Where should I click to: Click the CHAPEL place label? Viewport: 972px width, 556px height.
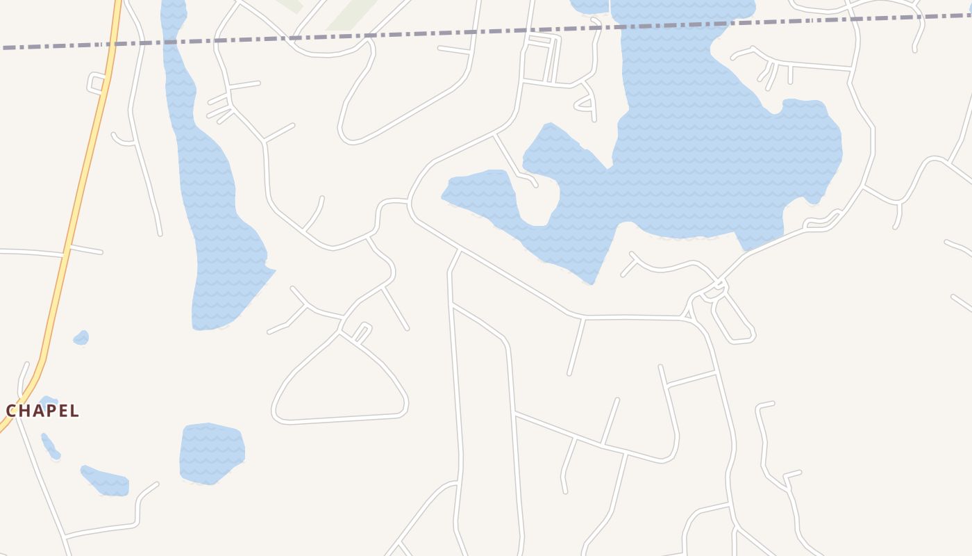[42, 411]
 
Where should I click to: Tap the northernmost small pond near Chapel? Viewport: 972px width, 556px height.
[81, 338]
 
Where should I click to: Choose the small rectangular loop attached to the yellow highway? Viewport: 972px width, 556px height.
[96, 83]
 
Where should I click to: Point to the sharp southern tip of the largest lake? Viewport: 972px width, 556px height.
[592, 282]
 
